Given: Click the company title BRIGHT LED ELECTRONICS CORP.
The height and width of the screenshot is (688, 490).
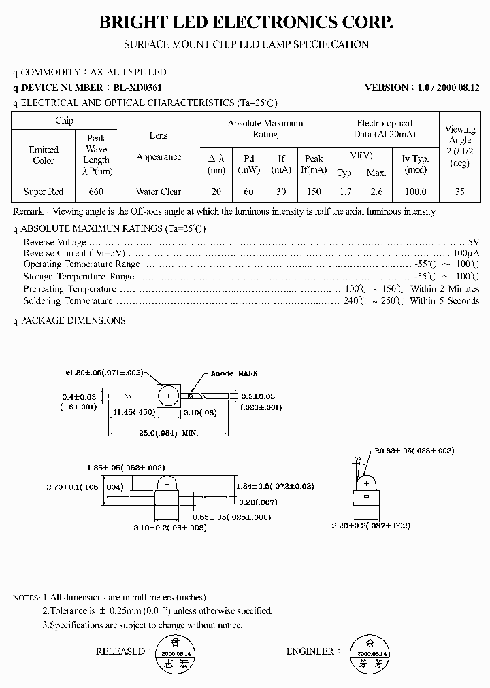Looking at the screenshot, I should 246,22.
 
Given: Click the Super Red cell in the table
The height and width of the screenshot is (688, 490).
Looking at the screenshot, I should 44,192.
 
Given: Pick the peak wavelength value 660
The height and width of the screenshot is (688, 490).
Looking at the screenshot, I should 96,192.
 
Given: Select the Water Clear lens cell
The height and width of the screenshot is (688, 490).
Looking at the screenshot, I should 158,192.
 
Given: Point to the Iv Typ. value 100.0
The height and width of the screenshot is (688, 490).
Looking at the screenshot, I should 415,192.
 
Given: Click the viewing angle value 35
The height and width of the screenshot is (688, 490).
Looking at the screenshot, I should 460,192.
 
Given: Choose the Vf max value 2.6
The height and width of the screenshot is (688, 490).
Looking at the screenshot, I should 376,192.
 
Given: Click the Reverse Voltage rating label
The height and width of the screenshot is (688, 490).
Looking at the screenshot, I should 54,242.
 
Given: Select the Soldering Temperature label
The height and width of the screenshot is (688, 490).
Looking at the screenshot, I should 68,300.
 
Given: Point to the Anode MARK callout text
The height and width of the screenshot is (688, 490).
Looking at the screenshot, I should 234,373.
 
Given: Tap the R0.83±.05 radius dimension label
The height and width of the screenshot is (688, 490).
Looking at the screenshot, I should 414,450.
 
